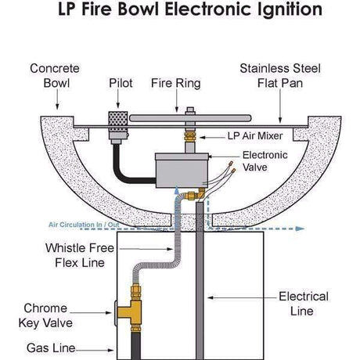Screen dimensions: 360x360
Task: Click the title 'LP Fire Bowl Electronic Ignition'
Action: (x=179, y=11)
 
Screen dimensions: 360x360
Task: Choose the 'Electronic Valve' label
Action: (x=266, y=161)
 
